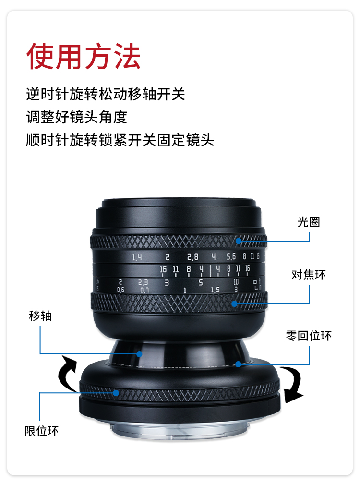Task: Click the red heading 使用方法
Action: point(84,56)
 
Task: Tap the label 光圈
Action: point(308,222)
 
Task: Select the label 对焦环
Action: point(308,274)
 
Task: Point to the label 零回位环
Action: point(308,336)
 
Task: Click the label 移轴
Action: point(40,316)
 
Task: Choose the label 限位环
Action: point(41,431)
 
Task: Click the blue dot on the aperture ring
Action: point(239,241)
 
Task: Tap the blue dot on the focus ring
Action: point(234,303)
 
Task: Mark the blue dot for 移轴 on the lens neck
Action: point(140,354)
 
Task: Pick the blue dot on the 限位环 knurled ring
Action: point(116,393)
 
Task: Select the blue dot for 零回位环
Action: point(238,364)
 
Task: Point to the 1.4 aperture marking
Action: point(137,257)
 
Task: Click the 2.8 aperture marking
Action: point(192,257)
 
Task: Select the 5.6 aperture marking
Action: point(231,256)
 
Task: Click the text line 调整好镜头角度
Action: point(77,117)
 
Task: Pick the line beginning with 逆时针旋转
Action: point(106,94)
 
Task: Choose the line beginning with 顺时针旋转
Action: point(120,140)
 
